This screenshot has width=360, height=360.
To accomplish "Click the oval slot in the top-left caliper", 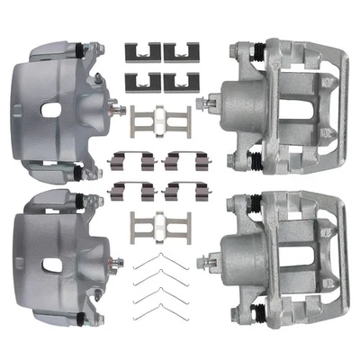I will (50, 111).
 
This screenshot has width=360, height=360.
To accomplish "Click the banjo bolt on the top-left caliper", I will (117, 109).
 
